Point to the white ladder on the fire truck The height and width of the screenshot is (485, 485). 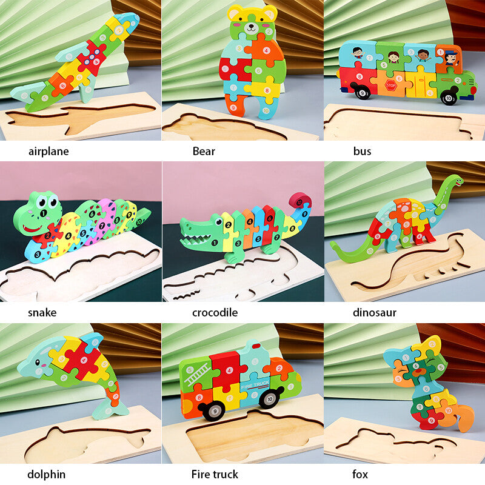coord(196,378)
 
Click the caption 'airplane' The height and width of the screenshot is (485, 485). coord(48,151)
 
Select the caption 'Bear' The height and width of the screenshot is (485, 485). coord(204,151)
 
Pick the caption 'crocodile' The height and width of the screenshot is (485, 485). coord(215,313)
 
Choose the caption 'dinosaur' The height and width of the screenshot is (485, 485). coord(375,313)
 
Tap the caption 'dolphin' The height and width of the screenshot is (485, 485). coord(46,474)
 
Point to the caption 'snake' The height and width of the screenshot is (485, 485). coord(42,313)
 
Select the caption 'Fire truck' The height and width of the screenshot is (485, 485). coord(215,474)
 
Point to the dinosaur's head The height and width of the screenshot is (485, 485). coord(455,181)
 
